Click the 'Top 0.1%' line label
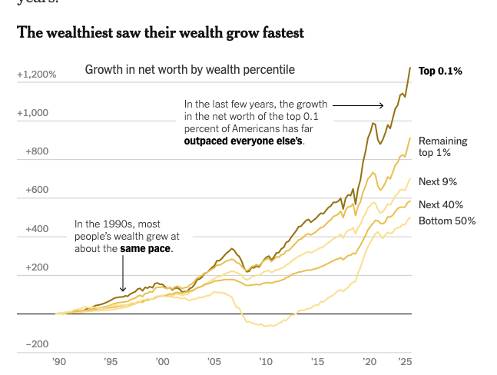[439, 71]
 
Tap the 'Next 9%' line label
[438, 182]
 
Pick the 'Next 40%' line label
[441, 204]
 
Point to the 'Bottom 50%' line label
[447, 221]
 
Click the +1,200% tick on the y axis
[37, 75]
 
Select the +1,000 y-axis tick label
[33, 113]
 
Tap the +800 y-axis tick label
[36, 151]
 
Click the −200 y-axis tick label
[36, 344]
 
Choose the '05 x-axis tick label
[214, 361]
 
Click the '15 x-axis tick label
[317, 361]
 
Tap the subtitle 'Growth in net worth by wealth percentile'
[189, 70]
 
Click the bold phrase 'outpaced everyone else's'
[244, 141]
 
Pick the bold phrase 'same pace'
[146, 249]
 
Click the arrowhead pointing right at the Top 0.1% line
[381, 105]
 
